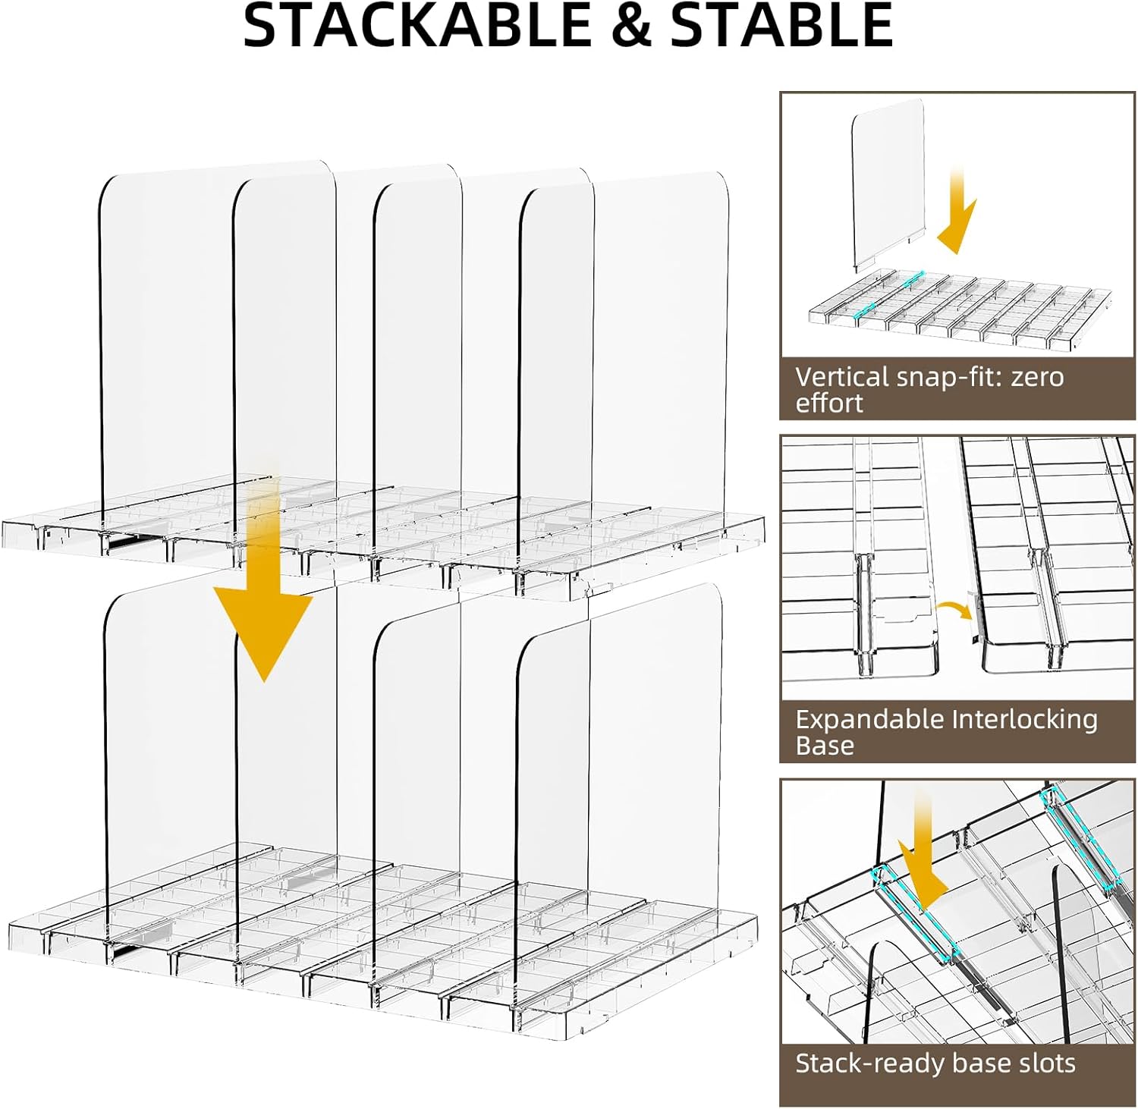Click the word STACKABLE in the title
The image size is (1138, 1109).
point(417,27)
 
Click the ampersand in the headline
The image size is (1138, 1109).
point(630,27)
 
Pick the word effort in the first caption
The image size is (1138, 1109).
point(829,404)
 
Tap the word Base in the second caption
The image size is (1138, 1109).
point(825,746)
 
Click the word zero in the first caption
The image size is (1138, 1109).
point(1037,378)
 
